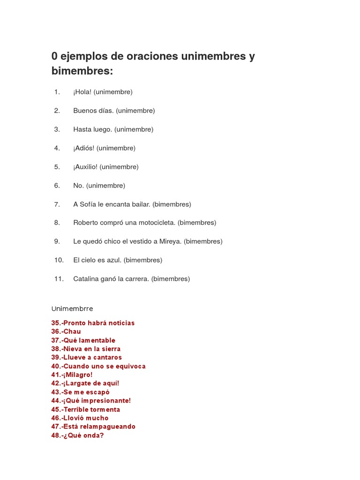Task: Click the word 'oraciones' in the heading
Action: pos(146,56)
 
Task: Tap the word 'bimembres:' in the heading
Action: pos(82,71)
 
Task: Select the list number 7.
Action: pos(57,204)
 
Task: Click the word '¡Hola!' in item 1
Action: pos(82,92)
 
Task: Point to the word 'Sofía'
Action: pos(88,204)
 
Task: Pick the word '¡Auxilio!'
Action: pos(85,167)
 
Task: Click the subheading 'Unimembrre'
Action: pos(72,308)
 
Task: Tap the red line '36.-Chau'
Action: pos(66,331)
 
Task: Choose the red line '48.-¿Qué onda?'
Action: pos(77,435)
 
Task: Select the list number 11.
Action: pos(59,279)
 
